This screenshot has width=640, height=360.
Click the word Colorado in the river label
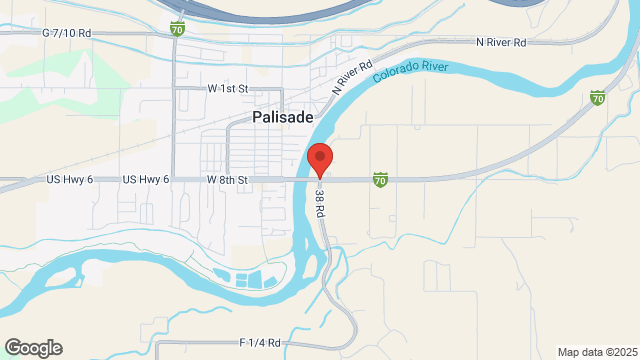[x=395, y=73]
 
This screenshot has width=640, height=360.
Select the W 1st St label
[x=227, y=89]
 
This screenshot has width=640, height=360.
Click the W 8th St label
[x=227, y=180]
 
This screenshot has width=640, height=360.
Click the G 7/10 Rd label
[x=67, y=33]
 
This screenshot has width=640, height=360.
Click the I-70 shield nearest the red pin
[x=380, y=180]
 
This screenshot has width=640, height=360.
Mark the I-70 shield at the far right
[x=597, y=98]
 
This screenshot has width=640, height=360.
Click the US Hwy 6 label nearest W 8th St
[x=146, y=180]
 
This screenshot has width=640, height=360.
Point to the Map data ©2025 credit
[x=596, y=352]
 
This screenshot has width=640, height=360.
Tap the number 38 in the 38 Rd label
[x=319, y=192]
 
